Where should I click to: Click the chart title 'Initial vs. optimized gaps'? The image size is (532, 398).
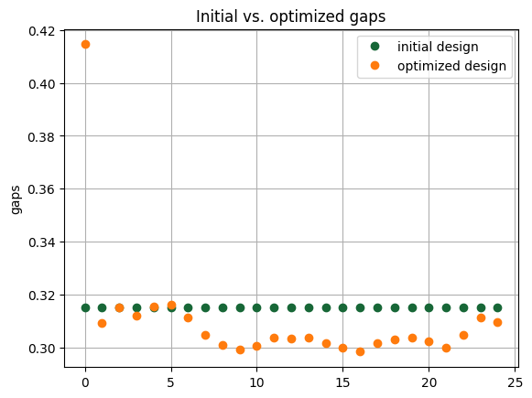pos(290,16)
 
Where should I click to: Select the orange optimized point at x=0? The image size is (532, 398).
pos(85,44)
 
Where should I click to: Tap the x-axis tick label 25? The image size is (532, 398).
pos(515,382)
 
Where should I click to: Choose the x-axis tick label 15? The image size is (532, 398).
pos(342,382)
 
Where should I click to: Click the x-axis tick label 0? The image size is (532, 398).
pos(85,382)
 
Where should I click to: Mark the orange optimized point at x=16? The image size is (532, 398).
pos(360,351)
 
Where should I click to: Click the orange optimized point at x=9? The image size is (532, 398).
pos(240,350)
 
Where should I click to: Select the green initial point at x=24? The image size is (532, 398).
pos(497,307)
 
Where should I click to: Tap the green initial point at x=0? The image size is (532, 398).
pos(85,307)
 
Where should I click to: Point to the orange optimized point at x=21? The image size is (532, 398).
pos(446,348)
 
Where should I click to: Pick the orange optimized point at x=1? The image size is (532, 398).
pos(102,323)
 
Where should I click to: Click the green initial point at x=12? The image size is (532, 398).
pos(291,307)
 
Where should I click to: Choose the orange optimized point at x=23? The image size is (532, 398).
pos(481,317)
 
